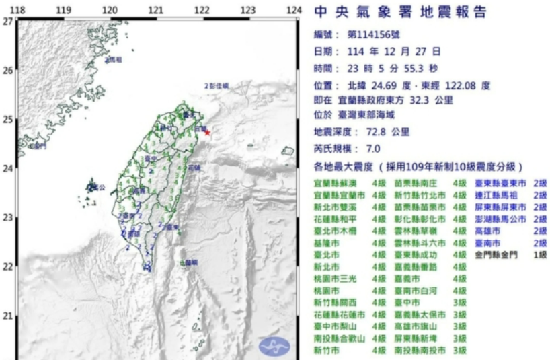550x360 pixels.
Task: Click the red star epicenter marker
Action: [206, 132]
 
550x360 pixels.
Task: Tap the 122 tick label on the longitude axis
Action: [202, 11]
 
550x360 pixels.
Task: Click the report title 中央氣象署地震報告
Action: [400, 13]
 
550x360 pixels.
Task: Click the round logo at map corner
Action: [274, 346]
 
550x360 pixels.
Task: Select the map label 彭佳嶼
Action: [218, 86]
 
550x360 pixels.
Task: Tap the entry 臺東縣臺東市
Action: [501, 183]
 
